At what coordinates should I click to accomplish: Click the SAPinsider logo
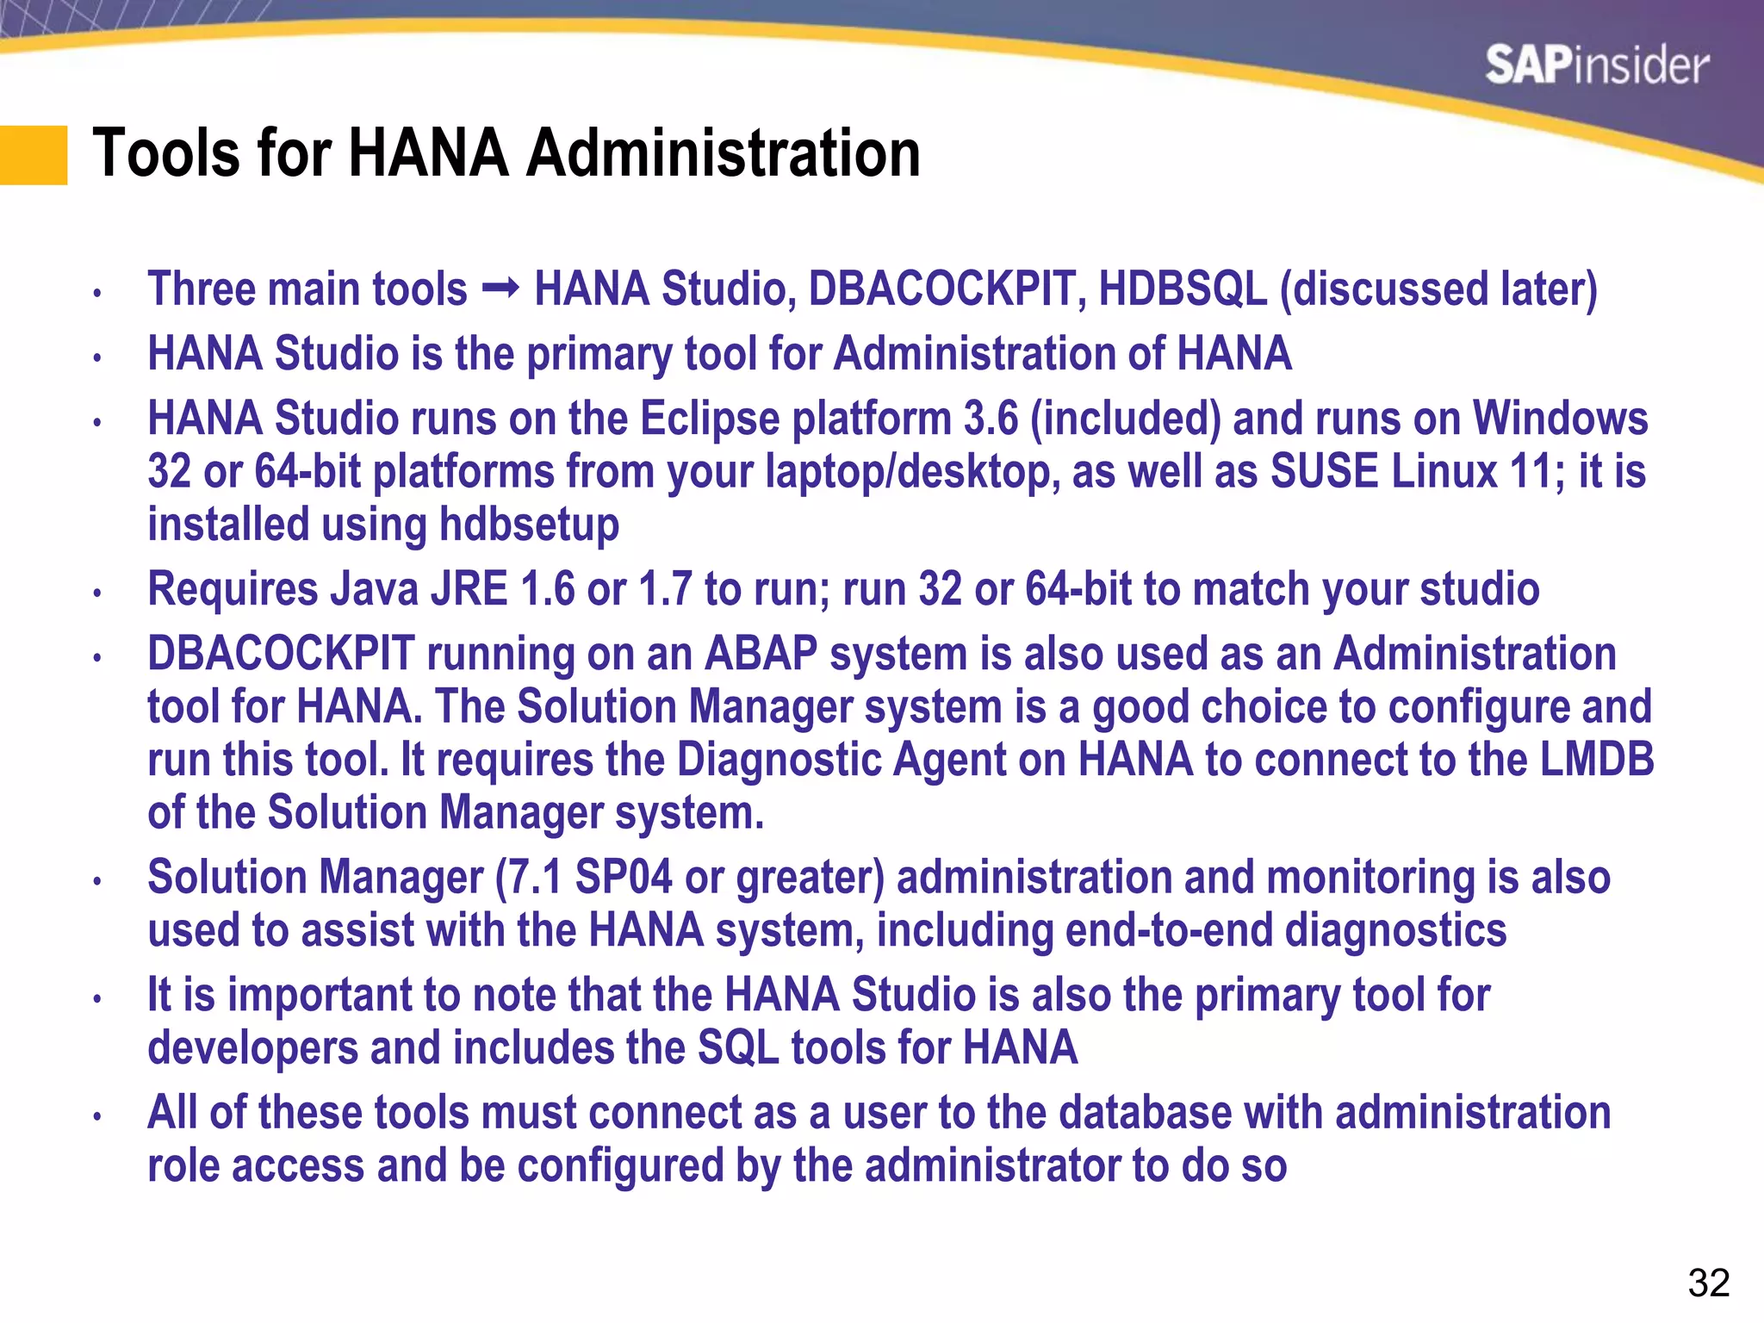[1596, 65]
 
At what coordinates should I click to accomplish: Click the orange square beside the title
[34, 155]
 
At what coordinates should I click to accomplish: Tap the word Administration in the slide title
[724, 153]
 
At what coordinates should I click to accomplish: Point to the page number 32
[1709, 1283]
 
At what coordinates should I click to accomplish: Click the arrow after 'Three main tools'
[500, 288]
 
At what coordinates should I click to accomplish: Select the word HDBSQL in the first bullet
[1183, 289]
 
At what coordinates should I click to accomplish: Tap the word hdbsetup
[529, 525]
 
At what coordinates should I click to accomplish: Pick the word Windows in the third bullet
[1560, 419]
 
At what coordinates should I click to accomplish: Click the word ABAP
[761, 654]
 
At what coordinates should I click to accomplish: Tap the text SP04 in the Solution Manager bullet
[623, 878]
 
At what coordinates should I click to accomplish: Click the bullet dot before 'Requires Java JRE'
[98, 593]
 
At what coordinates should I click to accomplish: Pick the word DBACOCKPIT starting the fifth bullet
[281, 654]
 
